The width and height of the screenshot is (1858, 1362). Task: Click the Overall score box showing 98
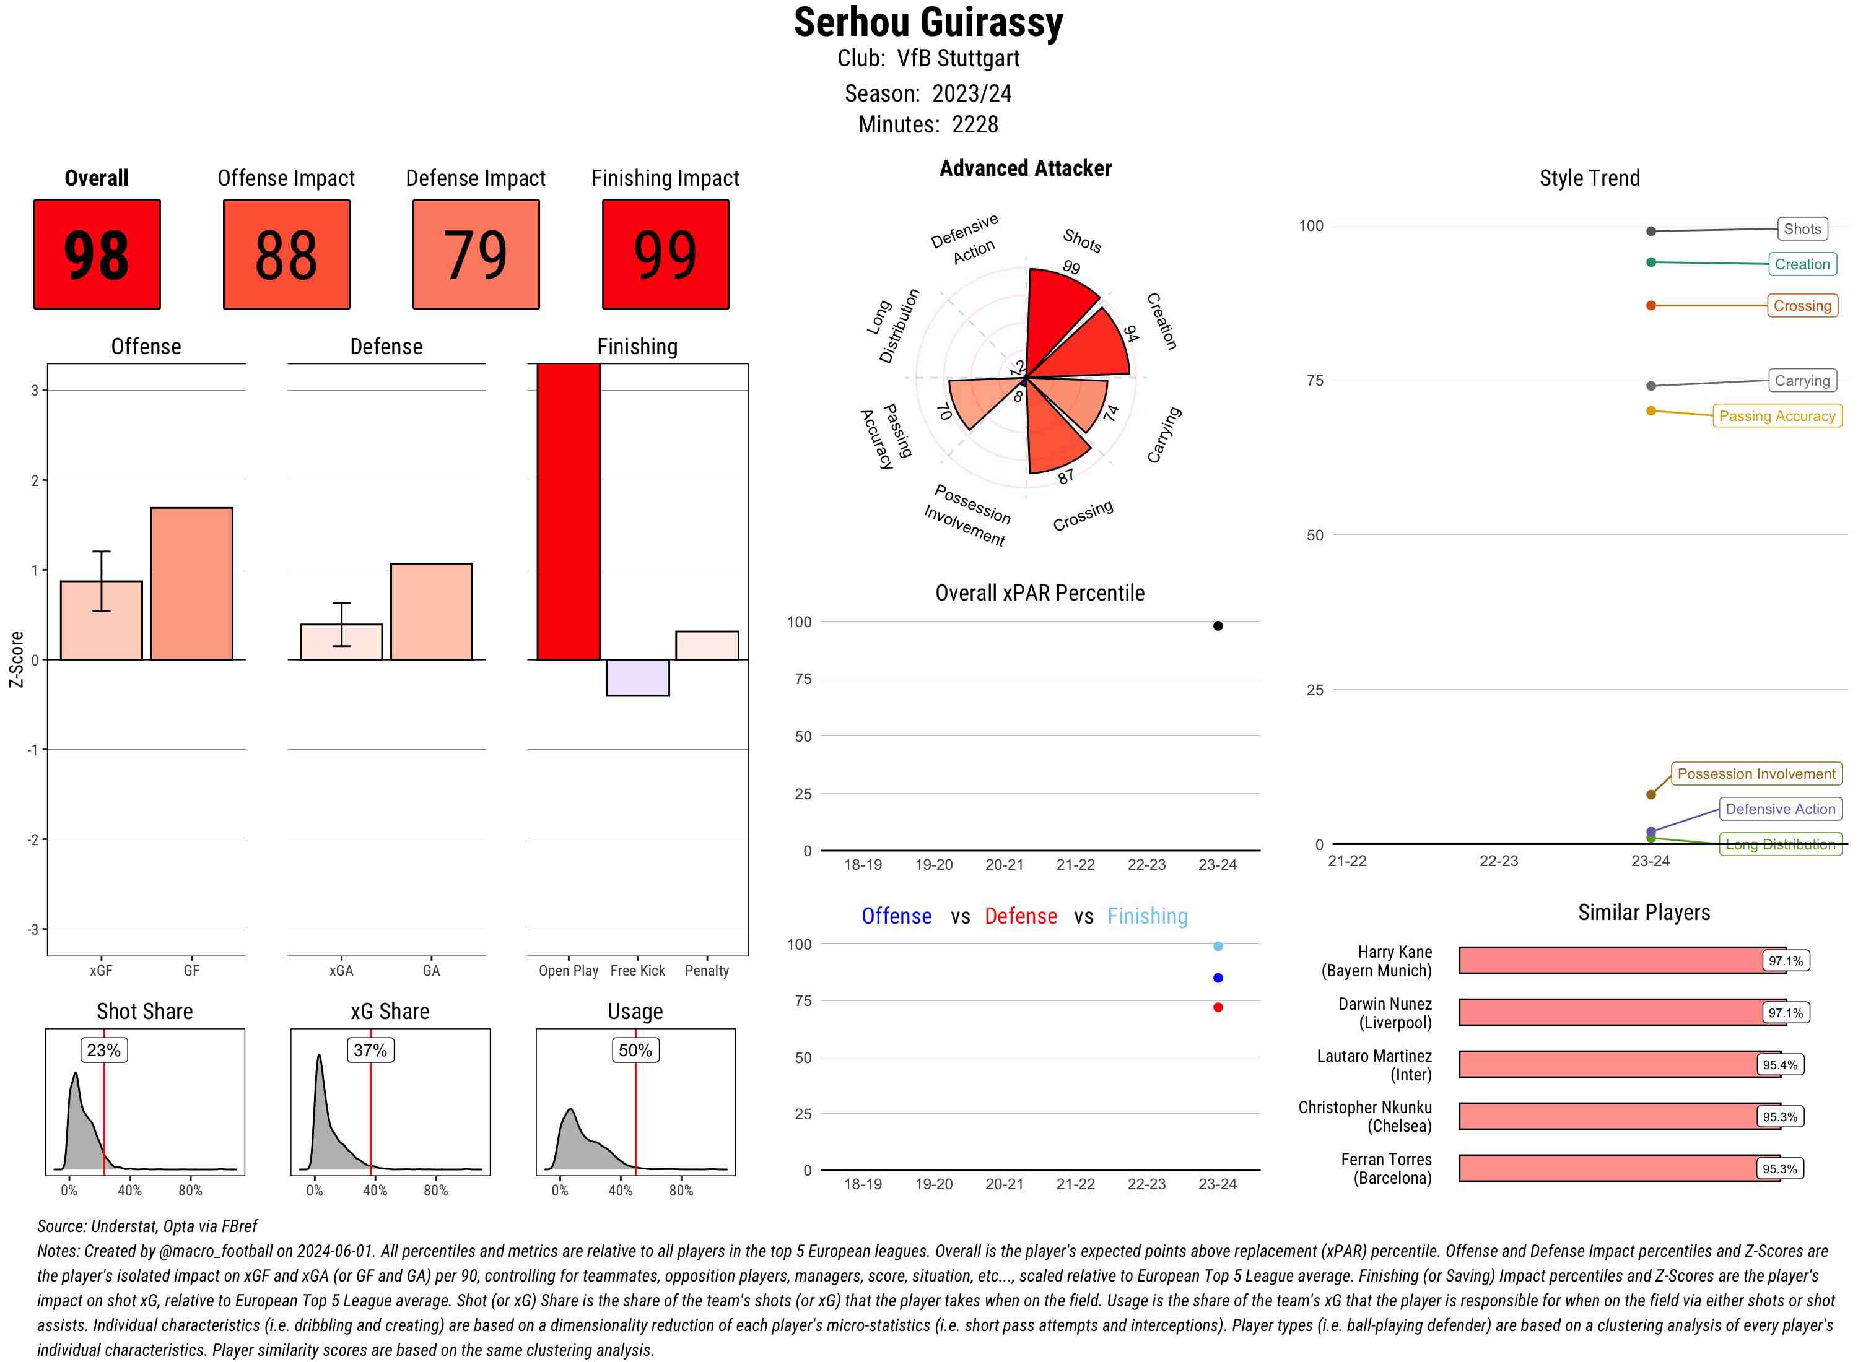click(x=97, y=254)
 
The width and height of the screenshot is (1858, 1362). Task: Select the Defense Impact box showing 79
click(x=476, y=254)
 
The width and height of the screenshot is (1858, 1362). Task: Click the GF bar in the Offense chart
click(x=191, y=583)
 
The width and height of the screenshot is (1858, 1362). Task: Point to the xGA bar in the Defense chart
click(x=341, y=641)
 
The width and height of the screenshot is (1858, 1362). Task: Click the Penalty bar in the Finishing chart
click(x=707, y=644)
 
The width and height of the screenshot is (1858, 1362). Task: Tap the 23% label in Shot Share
click(x=104, y=1049)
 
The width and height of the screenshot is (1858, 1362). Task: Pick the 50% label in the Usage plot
click(x=635, y=1049)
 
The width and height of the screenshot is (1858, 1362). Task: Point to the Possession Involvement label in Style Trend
click(x=1756, y=774)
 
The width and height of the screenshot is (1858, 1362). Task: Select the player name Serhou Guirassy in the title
click(x=928, y=23)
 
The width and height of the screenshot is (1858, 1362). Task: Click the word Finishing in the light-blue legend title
click(x=1147, y=916)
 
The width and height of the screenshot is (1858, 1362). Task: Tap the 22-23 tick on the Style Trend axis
click(x=1498, y=861)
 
